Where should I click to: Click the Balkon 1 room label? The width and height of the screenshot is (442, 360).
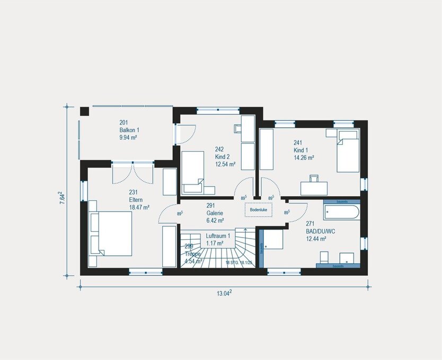point(128,129)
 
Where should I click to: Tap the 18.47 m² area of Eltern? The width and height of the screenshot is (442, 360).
point(139,207)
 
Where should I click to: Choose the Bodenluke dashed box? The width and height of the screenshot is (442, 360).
point(259,210)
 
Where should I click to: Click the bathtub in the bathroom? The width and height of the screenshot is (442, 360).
point(341,213)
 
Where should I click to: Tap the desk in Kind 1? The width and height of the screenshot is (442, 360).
point(314,188)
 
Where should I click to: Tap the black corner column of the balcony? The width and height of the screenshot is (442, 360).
point(84,111)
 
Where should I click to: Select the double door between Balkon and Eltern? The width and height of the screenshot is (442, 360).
point(132,172)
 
